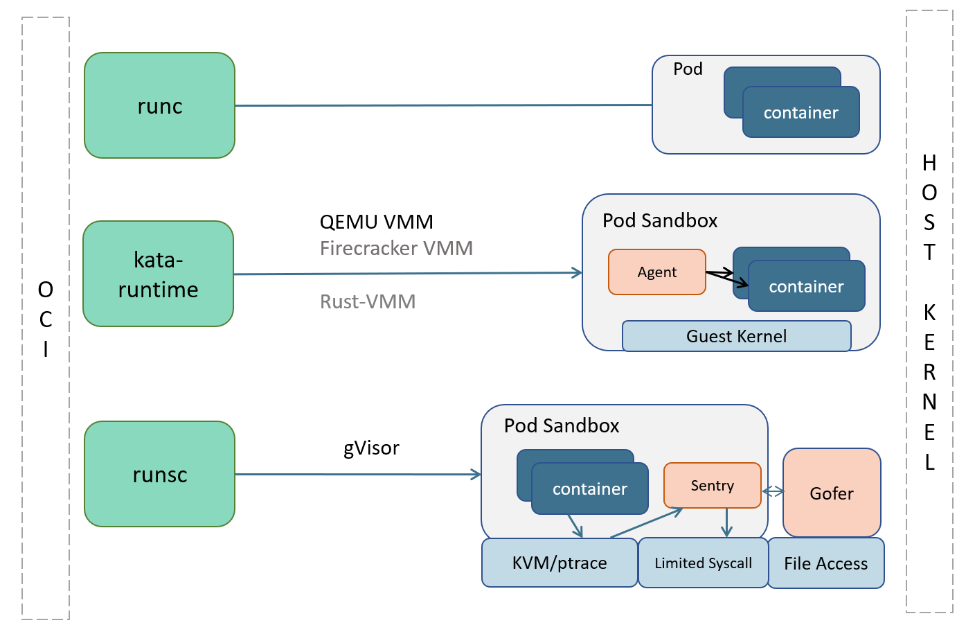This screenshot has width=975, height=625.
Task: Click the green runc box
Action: [x=159, y=105]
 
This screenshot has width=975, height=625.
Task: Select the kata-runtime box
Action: [x=158, y=274]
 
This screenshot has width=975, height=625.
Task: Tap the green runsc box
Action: [x=159, y=474]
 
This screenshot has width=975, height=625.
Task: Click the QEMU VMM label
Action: [x=376, y=222]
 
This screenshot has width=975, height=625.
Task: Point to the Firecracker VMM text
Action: [x=396, y=248]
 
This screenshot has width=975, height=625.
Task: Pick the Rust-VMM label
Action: [x=368, y=301]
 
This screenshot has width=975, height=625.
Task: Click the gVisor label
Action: [x=371, y=448]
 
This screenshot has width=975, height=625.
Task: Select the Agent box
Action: [x=656, y=272]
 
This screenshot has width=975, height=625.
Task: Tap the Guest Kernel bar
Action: [x=736, y=336]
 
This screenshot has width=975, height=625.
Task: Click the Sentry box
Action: [x=712, y=485]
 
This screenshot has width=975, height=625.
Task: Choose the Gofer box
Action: [x=832, y=493]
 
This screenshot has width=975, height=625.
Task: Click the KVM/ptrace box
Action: [x=559, y=563]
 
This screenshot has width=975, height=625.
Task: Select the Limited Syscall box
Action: [x=703, y=563]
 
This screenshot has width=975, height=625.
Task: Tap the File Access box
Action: [x=825, y=563]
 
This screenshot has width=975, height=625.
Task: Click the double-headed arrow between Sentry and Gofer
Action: [x=773, y=491]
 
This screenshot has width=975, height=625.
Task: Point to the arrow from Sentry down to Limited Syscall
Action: [x=726, y=522]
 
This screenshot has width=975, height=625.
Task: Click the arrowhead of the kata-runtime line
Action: [x=577, y=273]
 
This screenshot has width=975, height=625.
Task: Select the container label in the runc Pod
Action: [x=800, y=112]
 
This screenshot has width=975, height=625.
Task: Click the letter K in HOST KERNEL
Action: [x=929, y=312]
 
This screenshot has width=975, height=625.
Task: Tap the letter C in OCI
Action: [x=46, y=319]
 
